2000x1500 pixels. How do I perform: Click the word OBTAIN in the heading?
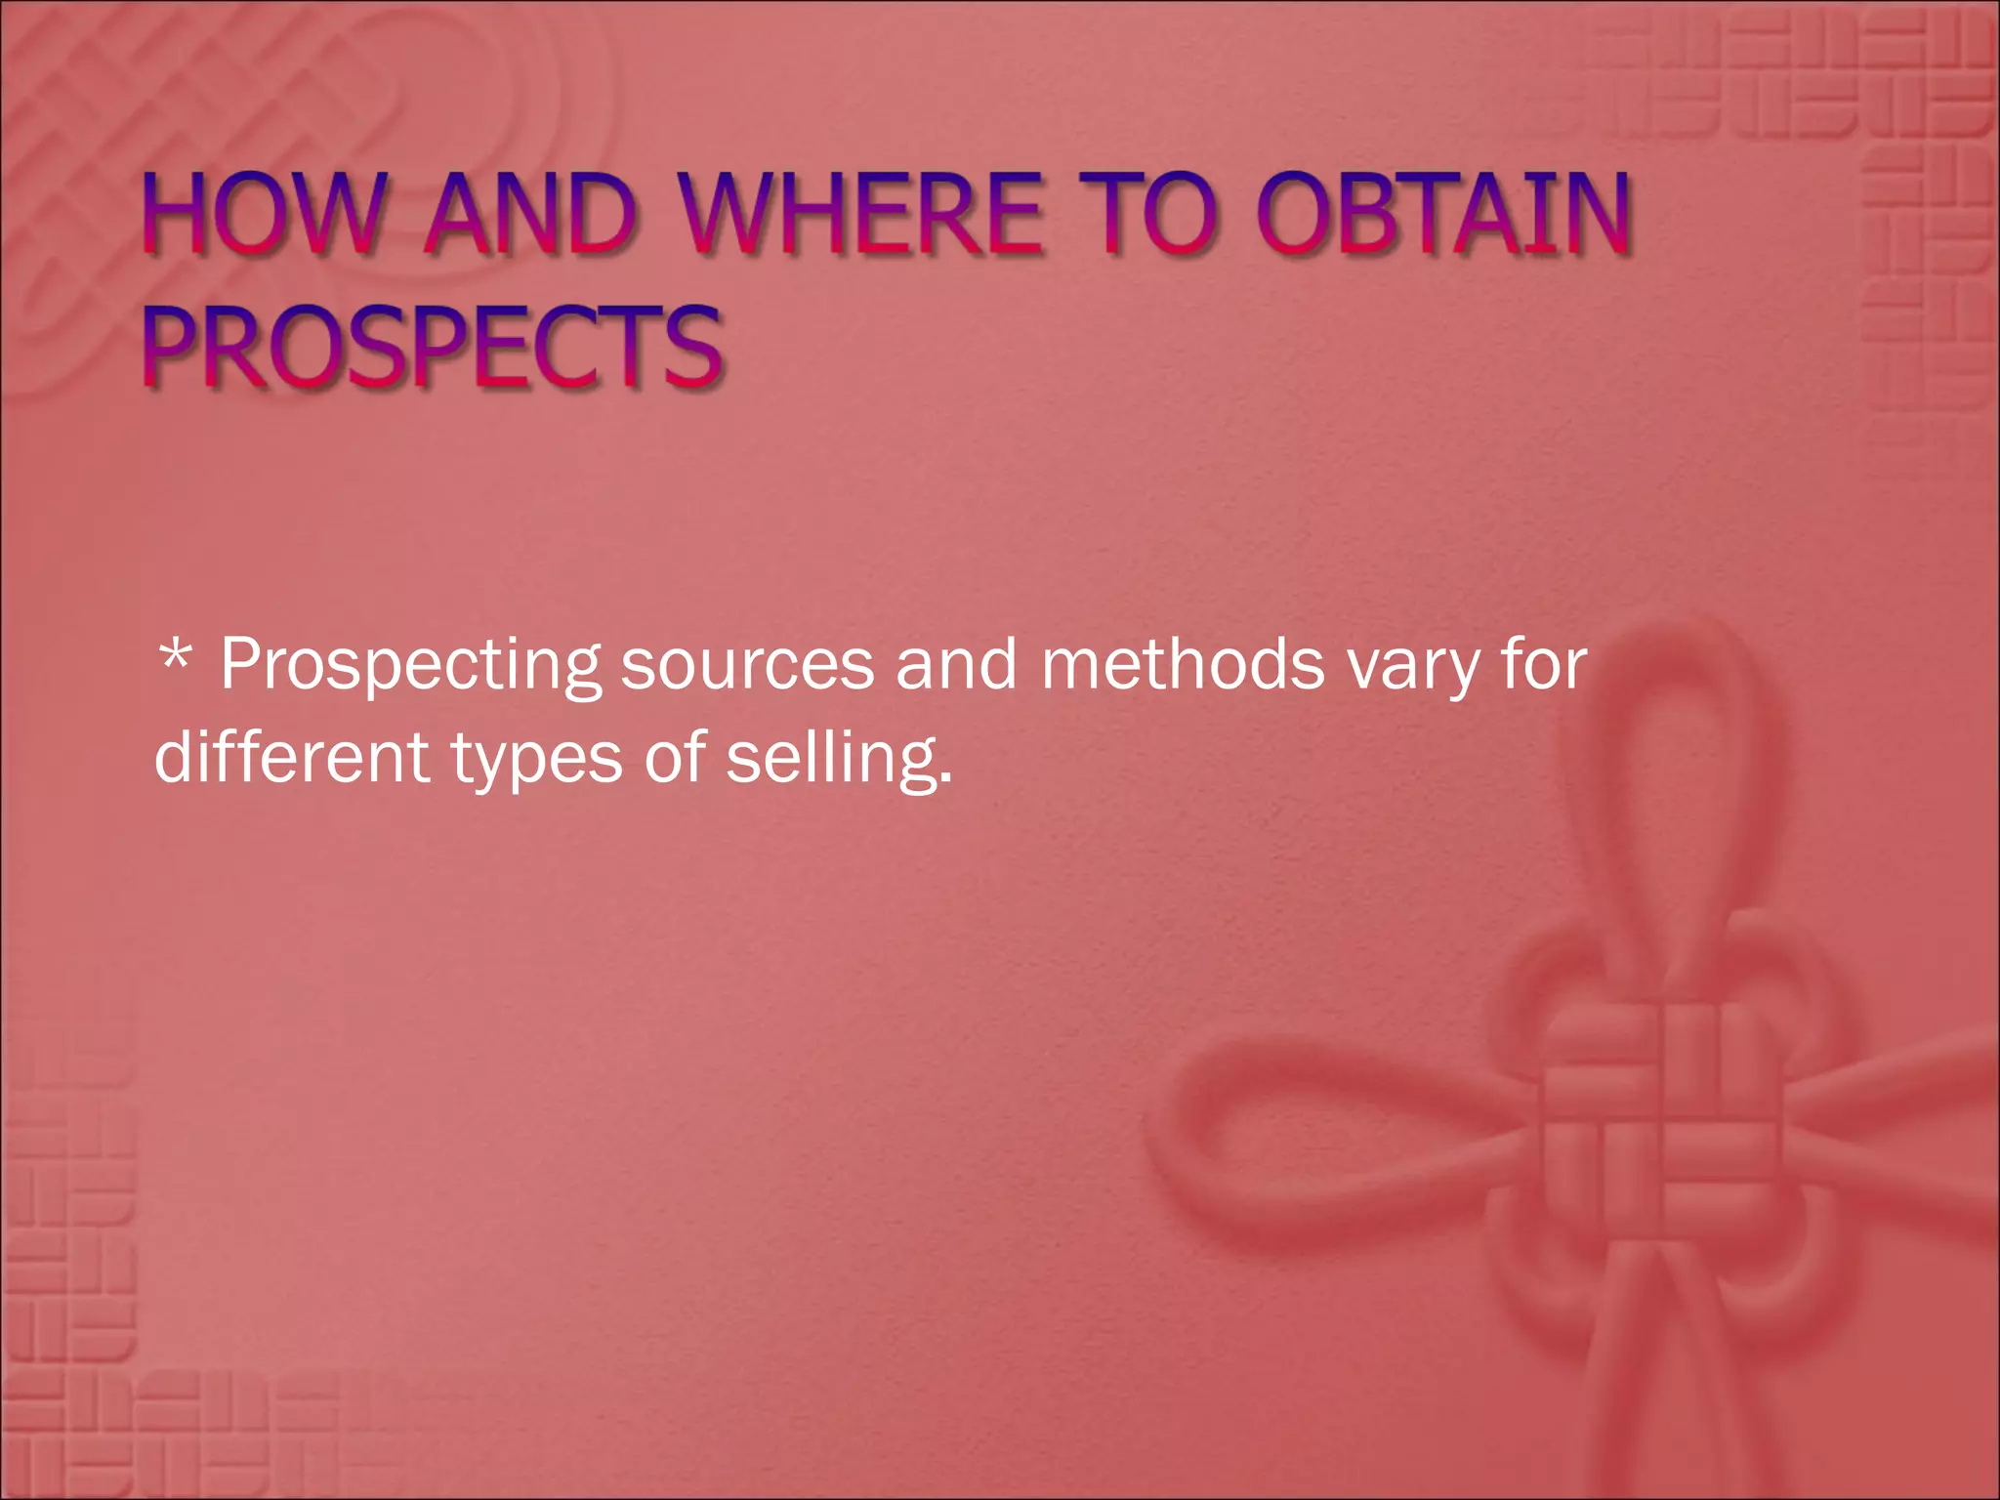[1443, 213]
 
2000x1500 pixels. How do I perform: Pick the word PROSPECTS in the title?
[433, 347]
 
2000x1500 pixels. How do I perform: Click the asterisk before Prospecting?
[175, 657]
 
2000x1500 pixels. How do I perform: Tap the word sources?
[747, 665]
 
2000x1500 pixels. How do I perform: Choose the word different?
[291, 757]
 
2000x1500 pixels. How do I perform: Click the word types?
[536, 760]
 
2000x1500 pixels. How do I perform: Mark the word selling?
[832, 759]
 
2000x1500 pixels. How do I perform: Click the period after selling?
[945, 782]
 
